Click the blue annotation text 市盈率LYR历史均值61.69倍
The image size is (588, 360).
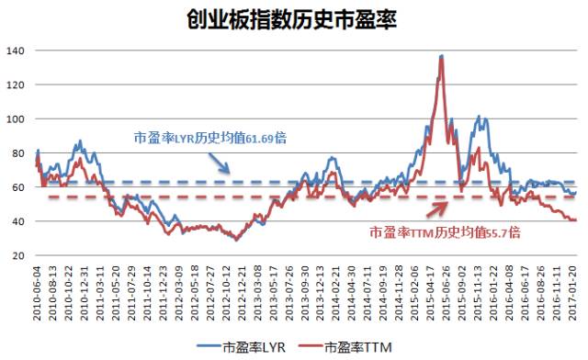pyautogui.click(x=210, y=138)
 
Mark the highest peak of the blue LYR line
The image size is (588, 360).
pyautogui.click(x=442, y=56)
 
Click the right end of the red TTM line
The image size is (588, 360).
pyautogui.click(x=575, y=220)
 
